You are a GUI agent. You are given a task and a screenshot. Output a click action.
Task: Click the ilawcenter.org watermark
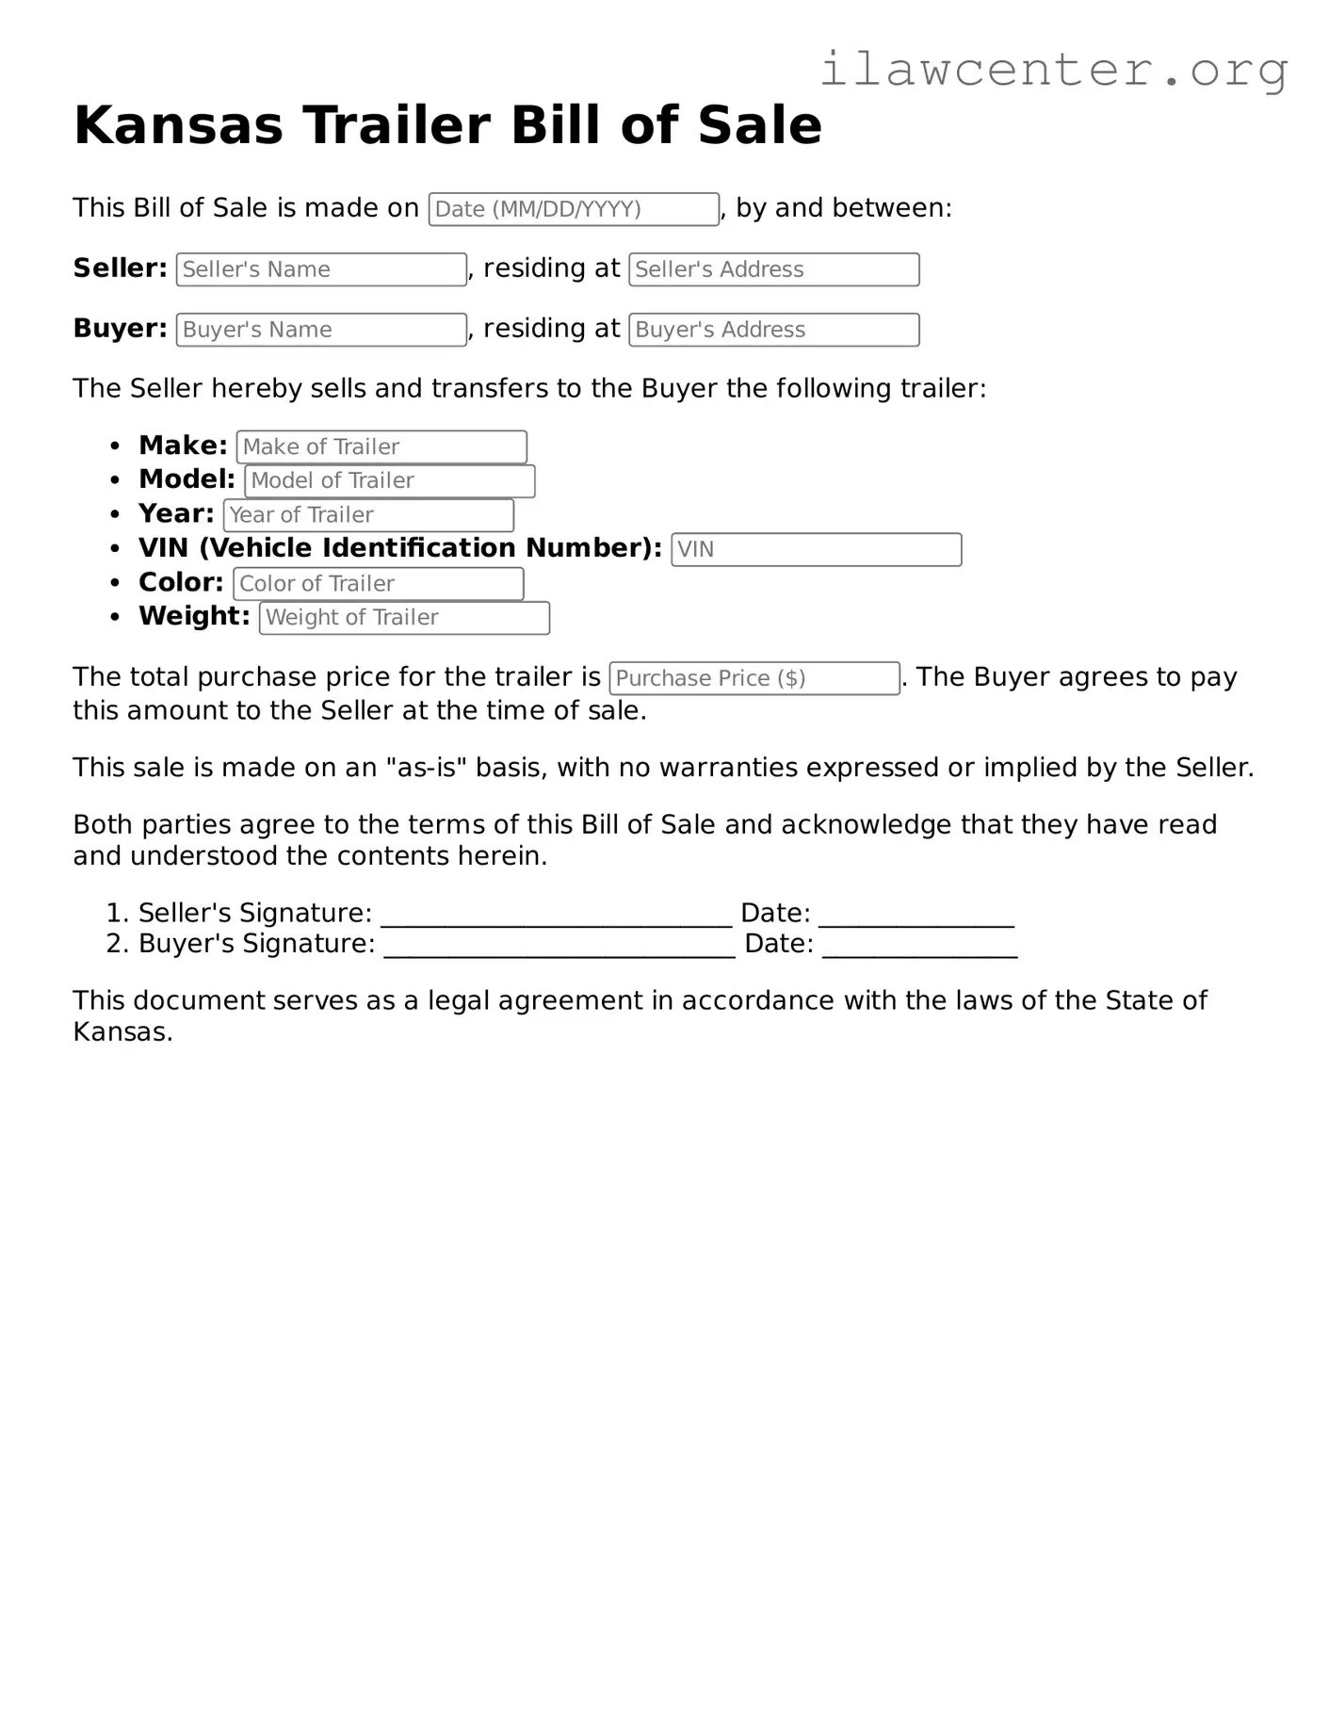point(1053,69)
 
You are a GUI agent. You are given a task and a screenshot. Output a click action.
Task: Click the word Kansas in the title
point(178,125)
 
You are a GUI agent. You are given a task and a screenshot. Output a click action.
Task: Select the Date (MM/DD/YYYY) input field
point(574,209)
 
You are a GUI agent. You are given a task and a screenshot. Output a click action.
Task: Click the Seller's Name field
point(321,269)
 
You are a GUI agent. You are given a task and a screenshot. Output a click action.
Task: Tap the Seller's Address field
point(773,269)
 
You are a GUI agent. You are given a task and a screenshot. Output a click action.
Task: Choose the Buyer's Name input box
point(321,330)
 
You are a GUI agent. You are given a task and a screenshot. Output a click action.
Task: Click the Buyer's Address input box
point(773,330)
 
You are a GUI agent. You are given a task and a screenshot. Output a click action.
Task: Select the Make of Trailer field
point(381,446)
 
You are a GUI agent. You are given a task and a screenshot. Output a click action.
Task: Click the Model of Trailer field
point(389,480)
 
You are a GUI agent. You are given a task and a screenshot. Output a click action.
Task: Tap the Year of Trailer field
point(368,515)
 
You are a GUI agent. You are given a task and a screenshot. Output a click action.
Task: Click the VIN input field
point(816,549)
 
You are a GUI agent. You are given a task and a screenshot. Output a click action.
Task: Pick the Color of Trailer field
point(378,584)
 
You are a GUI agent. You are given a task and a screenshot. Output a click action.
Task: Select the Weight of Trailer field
point(404,618)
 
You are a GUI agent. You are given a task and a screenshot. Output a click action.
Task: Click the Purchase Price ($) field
point(754,678)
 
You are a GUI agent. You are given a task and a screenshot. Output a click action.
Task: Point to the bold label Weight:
point(194,616)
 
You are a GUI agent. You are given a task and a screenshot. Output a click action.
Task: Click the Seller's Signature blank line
point(556,916)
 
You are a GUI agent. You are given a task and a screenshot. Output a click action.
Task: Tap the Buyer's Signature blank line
point(559,947)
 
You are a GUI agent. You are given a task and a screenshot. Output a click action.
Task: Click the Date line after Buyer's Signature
point(919,947)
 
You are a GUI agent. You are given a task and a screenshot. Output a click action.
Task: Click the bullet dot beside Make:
point(115,446)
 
